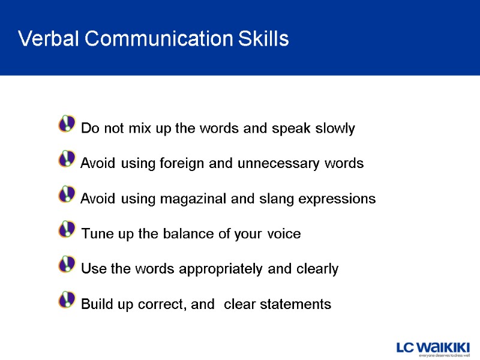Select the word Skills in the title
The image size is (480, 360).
[x=263, y=40]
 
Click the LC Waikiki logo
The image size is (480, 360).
[x=433, y=349]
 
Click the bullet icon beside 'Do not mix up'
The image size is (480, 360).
[x=67, y=124]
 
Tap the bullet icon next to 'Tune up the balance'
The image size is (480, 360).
[x=67, y=229]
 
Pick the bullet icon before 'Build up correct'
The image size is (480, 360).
[x=67, y=299]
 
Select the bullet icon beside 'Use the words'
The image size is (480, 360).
[x=67, y=265]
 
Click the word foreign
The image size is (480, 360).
[x=179, y=163]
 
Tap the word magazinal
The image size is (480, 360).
[x=190, y=199]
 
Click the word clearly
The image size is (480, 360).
[x=317, y=269]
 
